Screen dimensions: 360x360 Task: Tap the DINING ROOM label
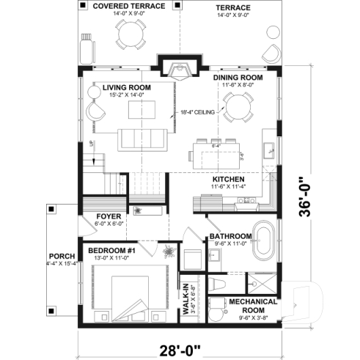click(x=237, y=77)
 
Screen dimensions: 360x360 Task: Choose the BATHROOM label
click(x=230, y=236)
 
